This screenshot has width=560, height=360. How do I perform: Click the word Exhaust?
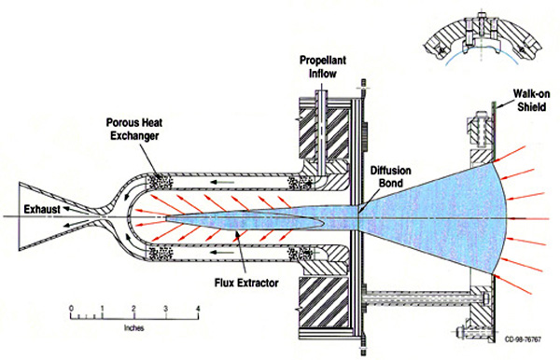click(x=42, y=209)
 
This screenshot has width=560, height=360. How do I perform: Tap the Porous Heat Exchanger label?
click(x=134, y=129)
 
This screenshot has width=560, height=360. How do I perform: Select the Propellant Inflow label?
click(x=323, y=67)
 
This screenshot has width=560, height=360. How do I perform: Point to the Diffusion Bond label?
click(x=390, y=176)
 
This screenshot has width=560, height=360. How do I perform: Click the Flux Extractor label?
click(x=246, y=283)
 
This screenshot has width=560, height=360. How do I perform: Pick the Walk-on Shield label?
click(x=531, y=100)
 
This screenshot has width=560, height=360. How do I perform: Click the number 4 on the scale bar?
click(x=198, y=309)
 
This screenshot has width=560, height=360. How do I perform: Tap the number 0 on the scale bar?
click(x=72, y=309)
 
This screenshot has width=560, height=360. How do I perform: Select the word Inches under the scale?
click(x=133, y=328)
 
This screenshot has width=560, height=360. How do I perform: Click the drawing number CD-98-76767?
click(x=523, y=339)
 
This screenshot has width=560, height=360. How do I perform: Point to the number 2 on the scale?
click(x=133, y=309)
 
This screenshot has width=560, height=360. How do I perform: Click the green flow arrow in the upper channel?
click(x=222, y=182)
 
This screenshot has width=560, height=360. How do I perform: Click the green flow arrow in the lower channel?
click(x=222, y=253)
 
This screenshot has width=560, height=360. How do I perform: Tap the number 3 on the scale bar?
click(x=166, y=309)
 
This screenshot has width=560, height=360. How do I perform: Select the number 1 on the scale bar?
click(x=103, y=309)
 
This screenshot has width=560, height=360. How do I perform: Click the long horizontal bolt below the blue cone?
click(x=423, y=298)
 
